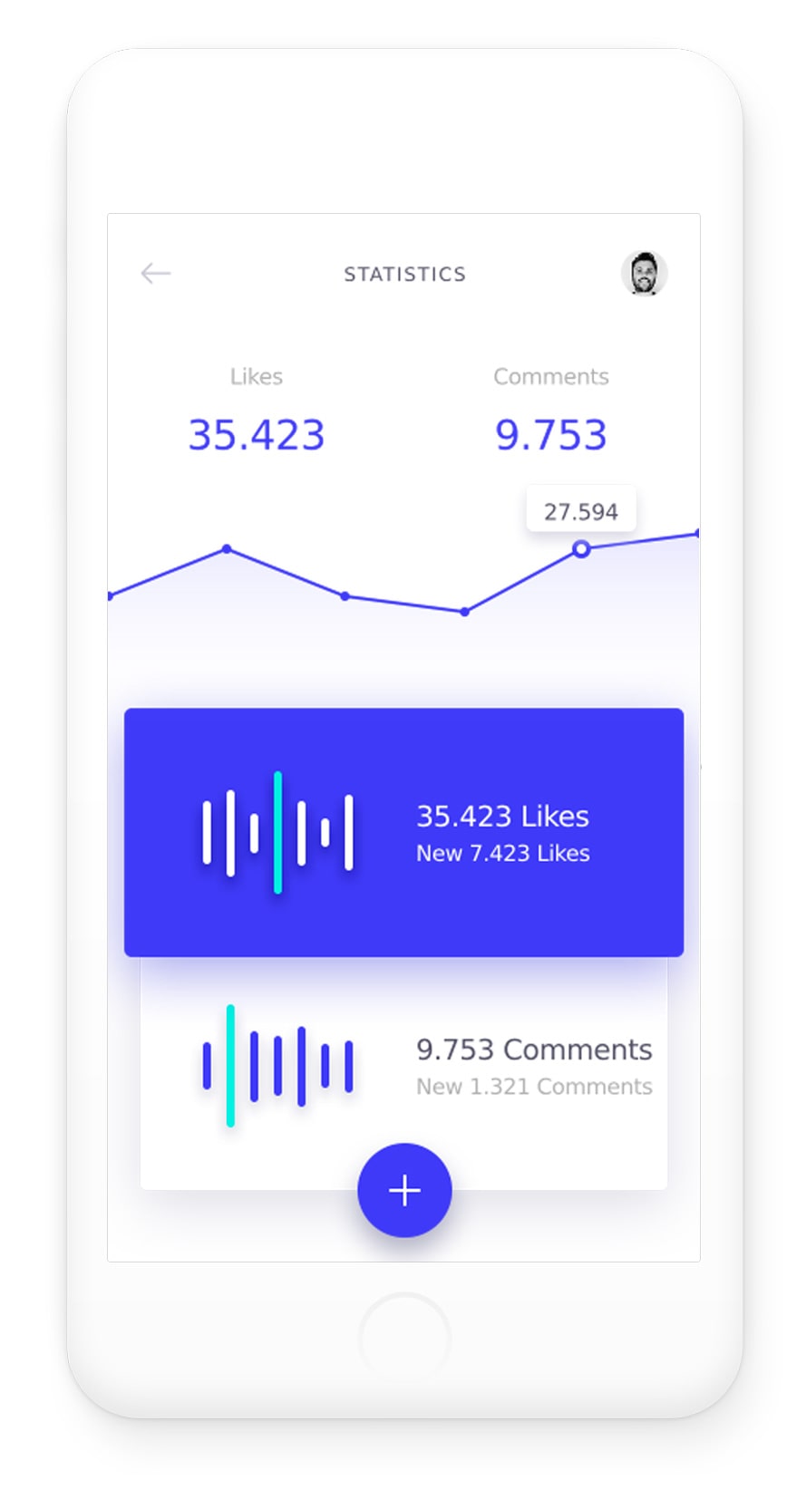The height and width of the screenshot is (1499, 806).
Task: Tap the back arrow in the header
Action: click(x=156, y=273)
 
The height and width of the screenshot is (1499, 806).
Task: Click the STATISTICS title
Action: click(x=404, y=274)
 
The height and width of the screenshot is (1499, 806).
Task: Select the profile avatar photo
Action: click(x=644, y=273)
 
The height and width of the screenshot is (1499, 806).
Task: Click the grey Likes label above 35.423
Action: click(x=256, y=376)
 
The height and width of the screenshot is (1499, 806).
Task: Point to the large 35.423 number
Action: click(x=256, y=435)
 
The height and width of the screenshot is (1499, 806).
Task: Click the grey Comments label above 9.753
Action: click(x=550, y=376)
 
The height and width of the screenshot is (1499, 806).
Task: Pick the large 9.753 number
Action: click(x=550, y=435)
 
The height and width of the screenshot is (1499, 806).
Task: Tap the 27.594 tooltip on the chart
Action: click(x=580, y=511)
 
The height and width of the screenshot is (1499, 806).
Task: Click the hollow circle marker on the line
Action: click(x=581, y=548)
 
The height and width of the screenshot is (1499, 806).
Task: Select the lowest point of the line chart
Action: click(x=464, y=612)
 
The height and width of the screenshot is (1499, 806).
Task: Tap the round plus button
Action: click(x=404, y=1190)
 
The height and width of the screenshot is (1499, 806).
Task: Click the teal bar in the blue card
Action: click(x=277, y=832)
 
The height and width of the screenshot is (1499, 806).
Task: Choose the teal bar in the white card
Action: click(x=230, y=1065)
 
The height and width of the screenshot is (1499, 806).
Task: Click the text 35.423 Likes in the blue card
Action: click(x=502, y=817)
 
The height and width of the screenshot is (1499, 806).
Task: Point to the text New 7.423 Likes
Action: click(x=502, y=854)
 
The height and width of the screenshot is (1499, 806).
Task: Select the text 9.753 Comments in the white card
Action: click(x=533, y=1049)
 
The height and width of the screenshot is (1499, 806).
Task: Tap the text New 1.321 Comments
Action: click(x=533, y=1087)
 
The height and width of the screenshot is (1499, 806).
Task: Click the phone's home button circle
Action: click(x=404, y=1338)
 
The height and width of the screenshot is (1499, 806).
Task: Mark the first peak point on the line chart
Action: click(x=227, y=548)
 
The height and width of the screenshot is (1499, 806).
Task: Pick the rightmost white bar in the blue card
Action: click(x=348, y=832)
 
